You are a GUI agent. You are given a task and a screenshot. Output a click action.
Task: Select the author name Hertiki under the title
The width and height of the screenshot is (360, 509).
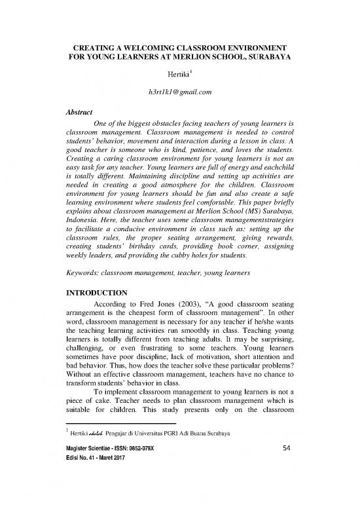pyautogui.click(x=177, y=78)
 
